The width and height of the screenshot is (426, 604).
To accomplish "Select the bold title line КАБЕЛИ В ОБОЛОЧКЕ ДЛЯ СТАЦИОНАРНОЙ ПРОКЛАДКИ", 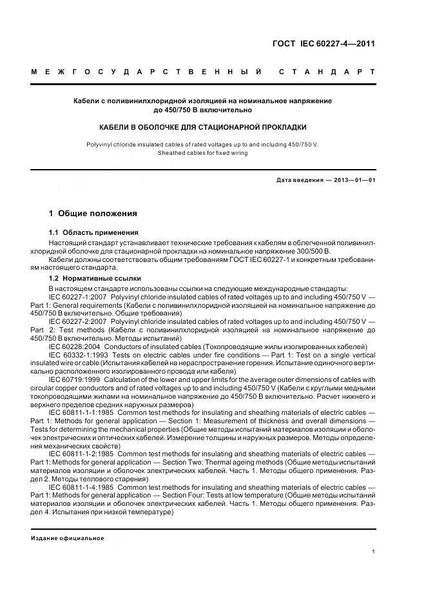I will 202,127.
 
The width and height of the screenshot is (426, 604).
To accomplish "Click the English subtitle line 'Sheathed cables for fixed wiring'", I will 202,153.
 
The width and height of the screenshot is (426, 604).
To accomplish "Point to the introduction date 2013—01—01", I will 352,180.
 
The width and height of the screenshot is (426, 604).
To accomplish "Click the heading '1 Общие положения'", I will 93,213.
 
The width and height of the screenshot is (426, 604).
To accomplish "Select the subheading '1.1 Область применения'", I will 93,232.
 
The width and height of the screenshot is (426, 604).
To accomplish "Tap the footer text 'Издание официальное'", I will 67,538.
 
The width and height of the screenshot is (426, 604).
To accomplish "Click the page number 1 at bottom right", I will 373,552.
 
